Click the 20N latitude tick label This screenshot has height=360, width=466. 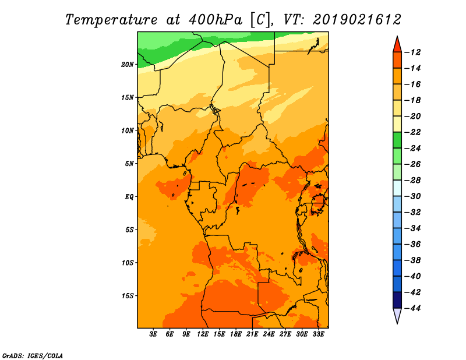128,65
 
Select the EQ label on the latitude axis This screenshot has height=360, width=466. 129,197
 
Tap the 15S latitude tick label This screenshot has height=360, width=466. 128,296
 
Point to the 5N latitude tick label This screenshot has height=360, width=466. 129,164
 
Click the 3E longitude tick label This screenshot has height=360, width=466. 153,334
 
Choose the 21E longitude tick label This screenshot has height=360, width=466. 252,334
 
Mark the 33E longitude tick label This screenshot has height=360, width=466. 318,334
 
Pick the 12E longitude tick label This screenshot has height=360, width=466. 203,334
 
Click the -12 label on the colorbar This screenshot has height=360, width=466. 412,52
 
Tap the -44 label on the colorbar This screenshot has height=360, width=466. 412,308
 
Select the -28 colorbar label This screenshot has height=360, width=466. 412,181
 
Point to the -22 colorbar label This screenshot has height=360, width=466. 412,132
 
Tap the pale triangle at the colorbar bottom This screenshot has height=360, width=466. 397,315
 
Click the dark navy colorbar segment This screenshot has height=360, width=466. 397,300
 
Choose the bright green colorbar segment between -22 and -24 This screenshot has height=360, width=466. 397,140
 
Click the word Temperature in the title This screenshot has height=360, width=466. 111,20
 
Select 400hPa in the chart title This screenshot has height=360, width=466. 215,20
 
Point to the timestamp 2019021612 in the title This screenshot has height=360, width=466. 357,20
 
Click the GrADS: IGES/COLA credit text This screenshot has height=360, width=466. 33,355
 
